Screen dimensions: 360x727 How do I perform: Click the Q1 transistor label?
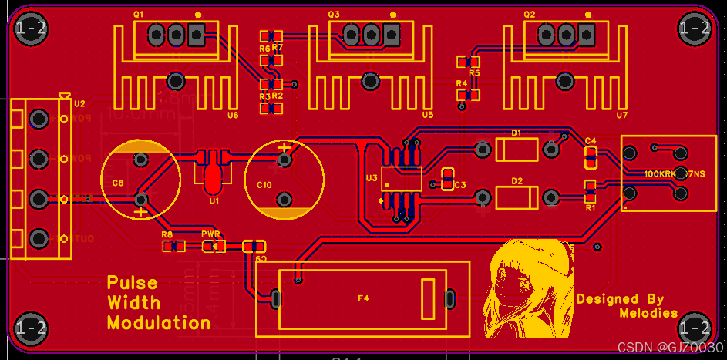point(139,15)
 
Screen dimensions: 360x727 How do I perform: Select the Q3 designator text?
point(333,15)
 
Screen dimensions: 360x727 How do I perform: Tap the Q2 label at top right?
point(529,15)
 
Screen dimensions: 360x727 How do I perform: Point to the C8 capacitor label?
point(117,183)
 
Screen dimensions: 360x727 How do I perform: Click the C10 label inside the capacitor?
point(264,185)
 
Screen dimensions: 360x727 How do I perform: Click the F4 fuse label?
point(363,298)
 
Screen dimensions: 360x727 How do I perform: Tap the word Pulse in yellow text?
point(132,283)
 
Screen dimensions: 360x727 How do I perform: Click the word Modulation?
point(158,323)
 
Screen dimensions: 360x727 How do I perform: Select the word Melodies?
point(648,313)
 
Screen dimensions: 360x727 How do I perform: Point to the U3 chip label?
point(371,178)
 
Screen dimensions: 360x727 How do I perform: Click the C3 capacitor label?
point(459,185)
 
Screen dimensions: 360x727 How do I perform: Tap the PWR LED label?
point(210,234)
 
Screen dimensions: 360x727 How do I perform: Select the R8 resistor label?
point(167,234)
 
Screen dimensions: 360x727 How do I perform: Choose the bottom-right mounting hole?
point(695,328)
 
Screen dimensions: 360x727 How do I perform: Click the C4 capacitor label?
point(591,140)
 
